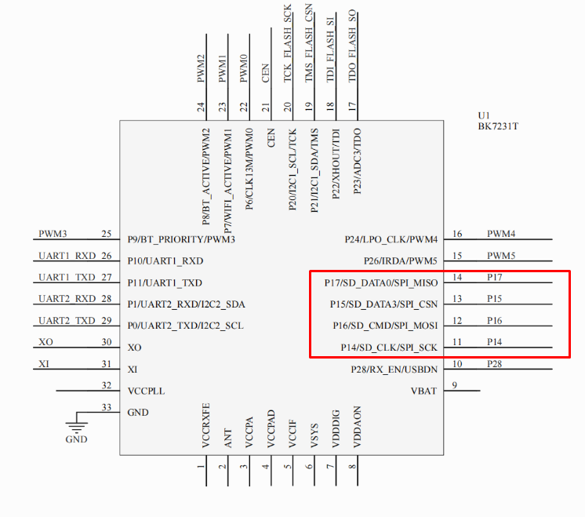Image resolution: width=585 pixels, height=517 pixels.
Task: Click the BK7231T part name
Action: click(x=498, y=126)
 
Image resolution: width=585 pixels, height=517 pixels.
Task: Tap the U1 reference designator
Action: click(x=484, y=115)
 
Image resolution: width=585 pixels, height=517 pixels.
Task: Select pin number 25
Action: click(x=107, y=234)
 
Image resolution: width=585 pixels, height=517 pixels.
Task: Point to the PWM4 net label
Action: click(x=501, y=234)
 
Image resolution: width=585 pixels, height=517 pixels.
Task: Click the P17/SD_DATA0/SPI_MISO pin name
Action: click(x=381, y=283)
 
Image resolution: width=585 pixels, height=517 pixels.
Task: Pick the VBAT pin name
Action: click(x=423, y=391)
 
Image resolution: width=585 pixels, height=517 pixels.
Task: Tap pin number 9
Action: click(x=454, y=385)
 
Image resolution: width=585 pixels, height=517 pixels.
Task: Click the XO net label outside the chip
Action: click(x=46, y=342)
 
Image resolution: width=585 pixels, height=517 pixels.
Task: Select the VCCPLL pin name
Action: click(x=146, y=391)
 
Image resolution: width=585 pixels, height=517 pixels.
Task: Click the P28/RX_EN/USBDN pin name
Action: click(x=394, y=370)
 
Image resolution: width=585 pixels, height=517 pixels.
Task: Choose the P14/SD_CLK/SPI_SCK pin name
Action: click(x=389, y=348)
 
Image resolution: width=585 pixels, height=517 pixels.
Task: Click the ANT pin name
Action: click(x=228, y=439)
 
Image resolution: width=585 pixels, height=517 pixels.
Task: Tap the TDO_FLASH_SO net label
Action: click(x=352, y=46)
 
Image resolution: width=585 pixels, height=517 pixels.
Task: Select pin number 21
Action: click(x=265, y=107)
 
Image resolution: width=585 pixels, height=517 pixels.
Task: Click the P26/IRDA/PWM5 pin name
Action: click(x=400, y=261)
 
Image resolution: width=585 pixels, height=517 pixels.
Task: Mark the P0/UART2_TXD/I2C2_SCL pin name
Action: click(x=185, y=326)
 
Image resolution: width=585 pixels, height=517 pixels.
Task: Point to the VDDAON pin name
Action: click(x=357, y=427)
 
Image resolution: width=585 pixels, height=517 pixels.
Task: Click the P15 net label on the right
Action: click(x=494, y=299)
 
